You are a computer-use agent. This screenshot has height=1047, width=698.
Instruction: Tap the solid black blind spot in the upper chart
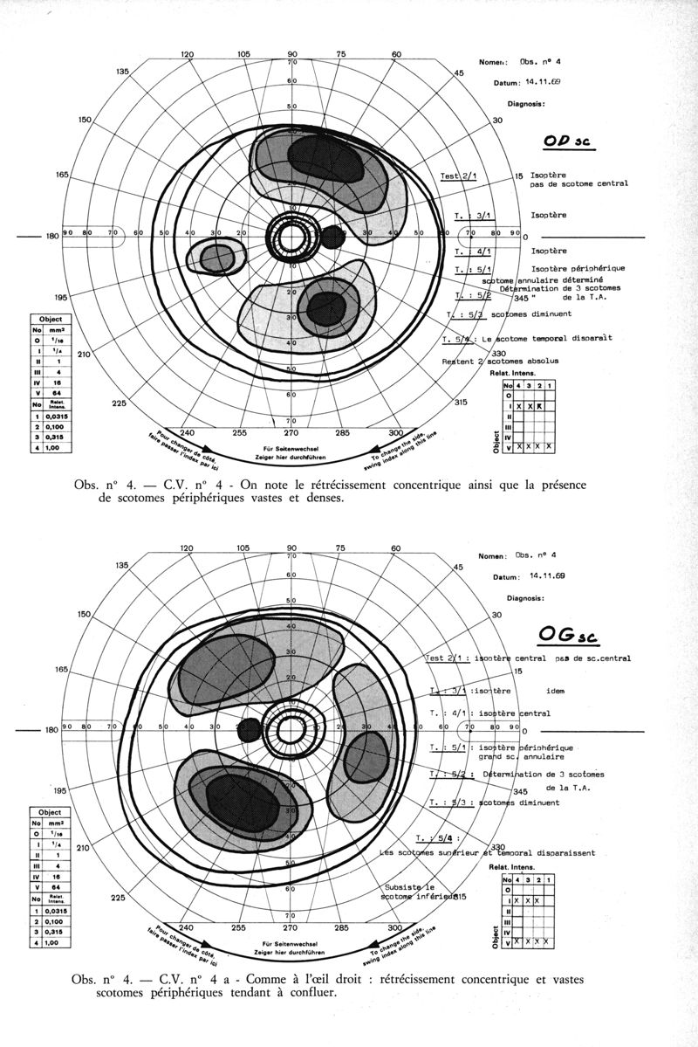click(332, 235)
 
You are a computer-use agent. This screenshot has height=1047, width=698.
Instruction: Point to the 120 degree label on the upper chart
click(187, 54)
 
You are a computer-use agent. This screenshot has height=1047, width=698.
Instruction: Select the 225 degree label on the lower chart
click(116, 897)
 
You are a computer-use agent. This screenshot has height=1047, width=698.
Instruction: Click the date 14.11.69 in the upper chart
click(543, 82)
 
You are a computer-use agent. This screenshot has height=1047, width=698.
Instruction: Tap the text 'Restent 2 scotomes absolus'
click(493, 361)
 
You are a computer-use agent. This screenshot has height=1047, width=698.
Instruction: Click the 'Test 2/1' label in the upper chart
click(458, 176)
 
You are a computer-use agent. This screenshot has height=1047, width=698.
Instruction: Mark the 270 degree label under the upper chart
click(291, 431)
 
